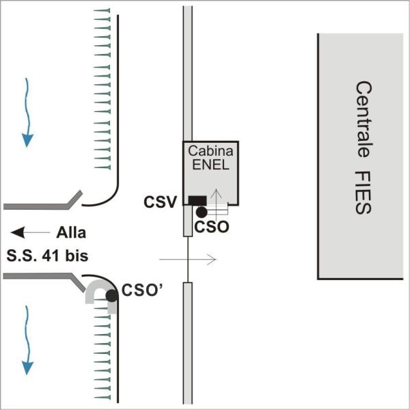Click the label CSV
(161, 202)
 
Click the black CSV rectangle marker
(197, 200)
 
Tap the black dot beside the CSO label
(201, 212)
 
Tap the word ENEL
(210, 165)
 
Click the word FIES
(363, 193)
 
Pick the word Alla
(71, 231)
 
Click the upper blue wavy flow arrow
(27, 113)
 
